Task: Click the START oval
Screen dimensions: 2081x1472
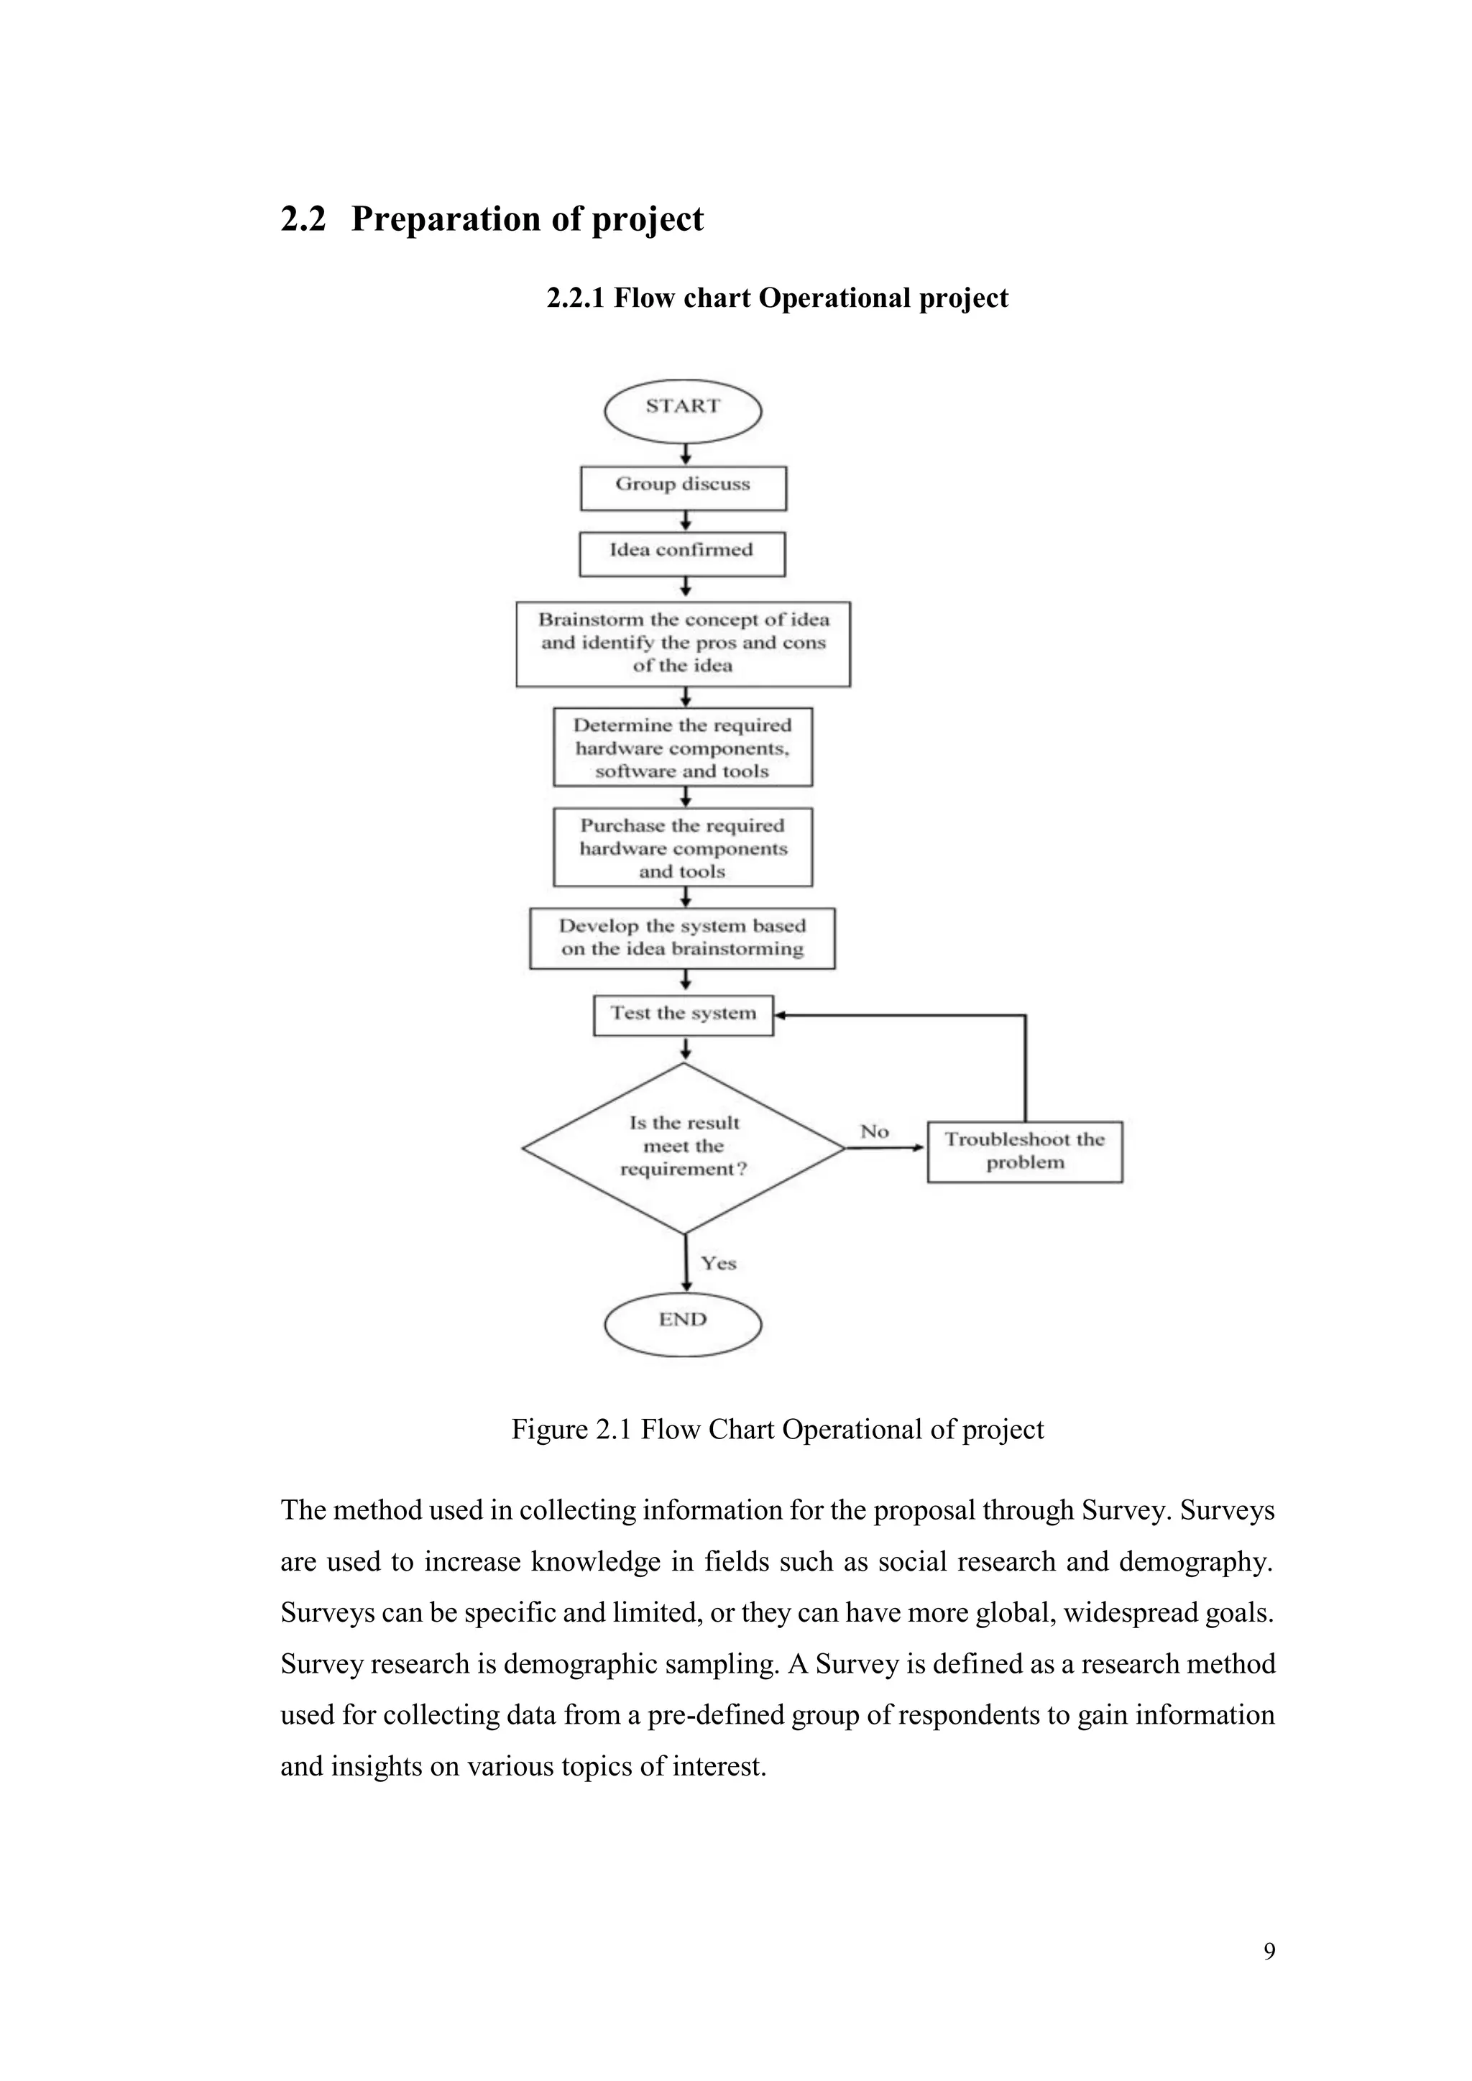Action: pos(683,410)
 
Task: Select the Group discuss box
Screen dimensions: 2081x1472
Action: pos(683,487)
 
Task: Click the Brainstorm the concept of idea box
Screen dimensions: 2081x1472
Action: pos(683,643)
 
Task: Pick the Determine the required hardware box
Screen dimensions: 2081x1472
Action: pos(683,748)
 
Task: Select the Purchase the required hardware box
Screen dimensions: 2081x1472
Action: pos(683,847)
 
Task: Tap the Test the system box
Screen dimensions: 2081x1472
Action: pos(683,1015)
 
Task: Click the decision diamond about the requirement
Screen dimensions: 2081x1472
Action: pos(684,1147)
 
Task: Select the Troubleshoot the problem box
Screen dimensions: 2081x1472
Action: pos(1024,1151)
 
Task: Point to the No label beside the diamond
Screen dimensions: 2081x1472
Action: pos(874,1131)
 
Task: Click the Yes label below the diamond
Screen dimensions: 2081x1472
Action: pos(718,1262)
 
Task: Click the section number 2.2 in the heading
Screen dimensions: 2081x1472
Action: pos(303,219)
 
